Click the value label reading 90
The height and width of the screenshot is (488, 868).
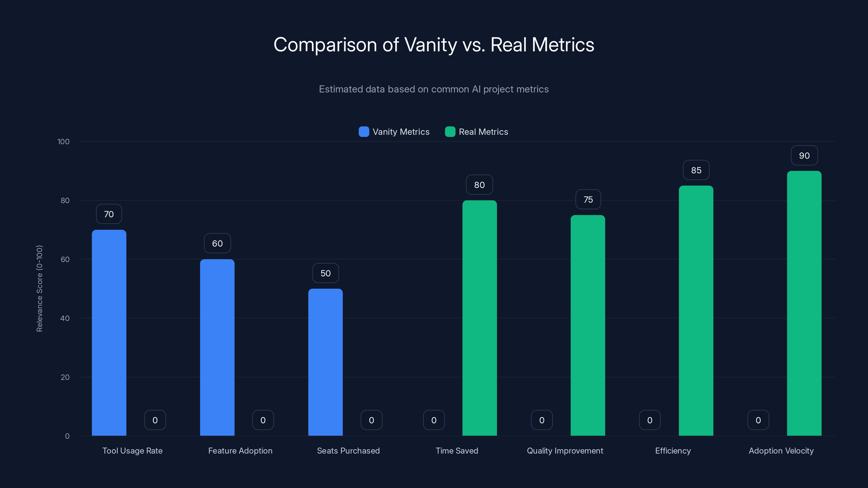804,156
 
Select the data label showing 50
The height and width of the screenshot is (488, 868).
325,273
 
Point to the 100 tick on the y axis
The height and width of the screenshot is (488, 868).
63,142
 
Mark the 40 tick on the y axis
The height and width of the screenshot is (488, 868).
65,318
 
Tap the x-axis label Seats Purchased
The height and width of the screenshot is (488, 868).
348,451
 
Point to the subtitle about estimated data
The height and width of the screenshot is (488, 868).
434,89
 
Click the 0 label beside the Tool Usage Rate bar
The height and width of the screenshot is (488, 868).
155,420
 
